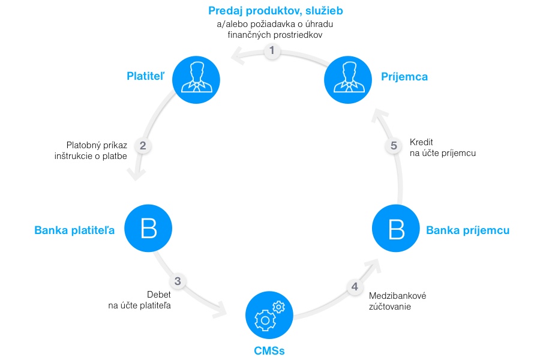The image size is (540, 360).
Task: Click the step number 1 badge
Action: pos(272,51)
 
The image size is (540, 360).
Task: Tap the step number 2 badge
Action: pos(143,145)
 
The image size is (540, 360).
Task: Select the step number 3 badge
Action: pos(178,281)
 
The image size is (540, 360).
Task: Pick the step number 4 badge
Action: pos(355,286)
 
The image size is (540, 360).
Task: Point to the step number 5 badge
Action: pos(394,145)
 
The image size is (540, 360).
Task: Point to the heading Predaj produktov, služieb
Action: pos(275,10)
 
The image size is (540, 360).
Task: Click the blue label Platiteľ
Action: pos(146,76)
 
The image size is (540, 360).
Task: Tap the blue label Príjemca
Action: pos(404,76)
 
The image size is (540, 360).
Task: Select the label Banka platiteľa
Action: pos(74,230)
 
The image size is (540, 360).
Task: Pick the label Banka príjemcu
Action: pos(467,230)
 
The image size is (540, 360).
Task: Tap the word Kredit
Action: pos(421,143)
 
